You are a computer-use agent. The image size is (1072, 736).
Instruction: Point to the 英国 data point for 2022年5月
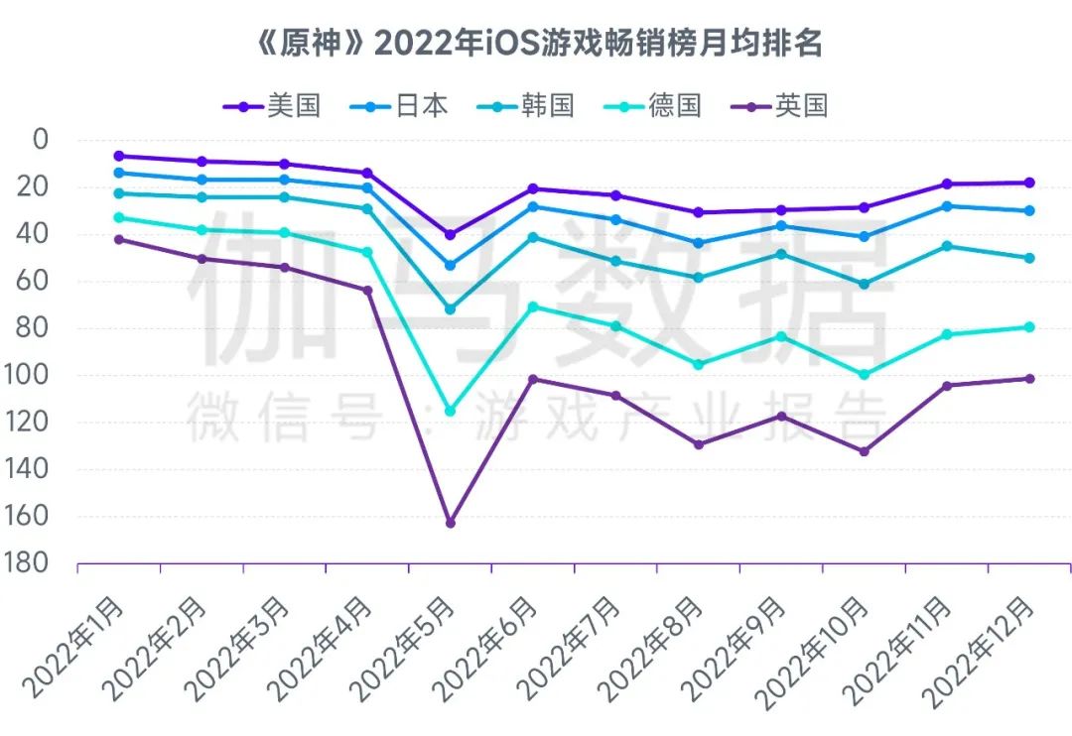point(450,523)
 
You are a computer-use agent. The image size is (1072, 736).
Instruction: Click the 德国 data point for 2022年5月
point(450,411)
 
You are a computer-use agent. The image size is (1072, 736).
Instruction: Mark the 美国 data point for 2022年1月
point(119,156)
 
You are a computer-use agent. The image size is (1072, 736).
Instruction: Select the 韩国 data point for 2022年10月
point(864,285)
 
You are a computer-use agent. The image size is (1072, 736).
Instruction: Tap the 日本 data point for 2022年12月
point(1029,210)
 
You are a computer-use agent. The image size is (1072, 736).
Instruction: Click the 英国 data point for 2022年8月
point(698,444)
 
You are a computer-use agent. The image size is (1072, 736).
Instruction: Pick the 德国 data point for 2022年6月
point(533,307)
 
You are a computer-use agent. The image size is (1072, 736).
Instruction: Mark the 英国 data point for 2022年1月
point(119,239)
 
